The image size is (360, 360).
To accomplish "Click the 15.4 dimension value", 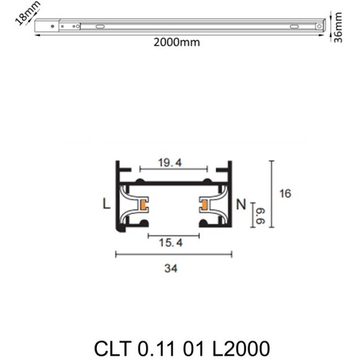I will pos(172,243).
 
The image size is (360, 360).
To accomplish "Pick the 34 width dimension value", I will pos(174,269).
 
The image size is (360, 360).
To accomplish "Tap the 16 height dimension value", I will pos(285,194).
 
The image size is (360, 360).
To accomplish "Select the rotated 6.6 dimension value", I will pos(259,217).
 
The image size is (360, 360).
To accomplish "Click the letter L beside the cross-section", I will pos(107,204).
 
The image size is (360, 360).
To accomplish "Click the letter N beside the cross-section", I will pos(241,204).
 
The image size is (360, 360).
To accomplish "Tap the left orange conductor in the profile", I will pos(143,205).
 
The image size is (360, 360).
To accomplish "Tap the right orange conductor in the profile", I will pos(204,205).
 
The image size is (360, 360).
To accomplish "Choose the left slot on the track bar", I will pos(99,26).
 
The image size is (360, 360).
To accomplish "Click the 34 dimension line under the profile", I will pos(174,253).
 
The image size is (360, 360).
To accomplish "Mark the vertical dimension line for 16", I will pos(271,194).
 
